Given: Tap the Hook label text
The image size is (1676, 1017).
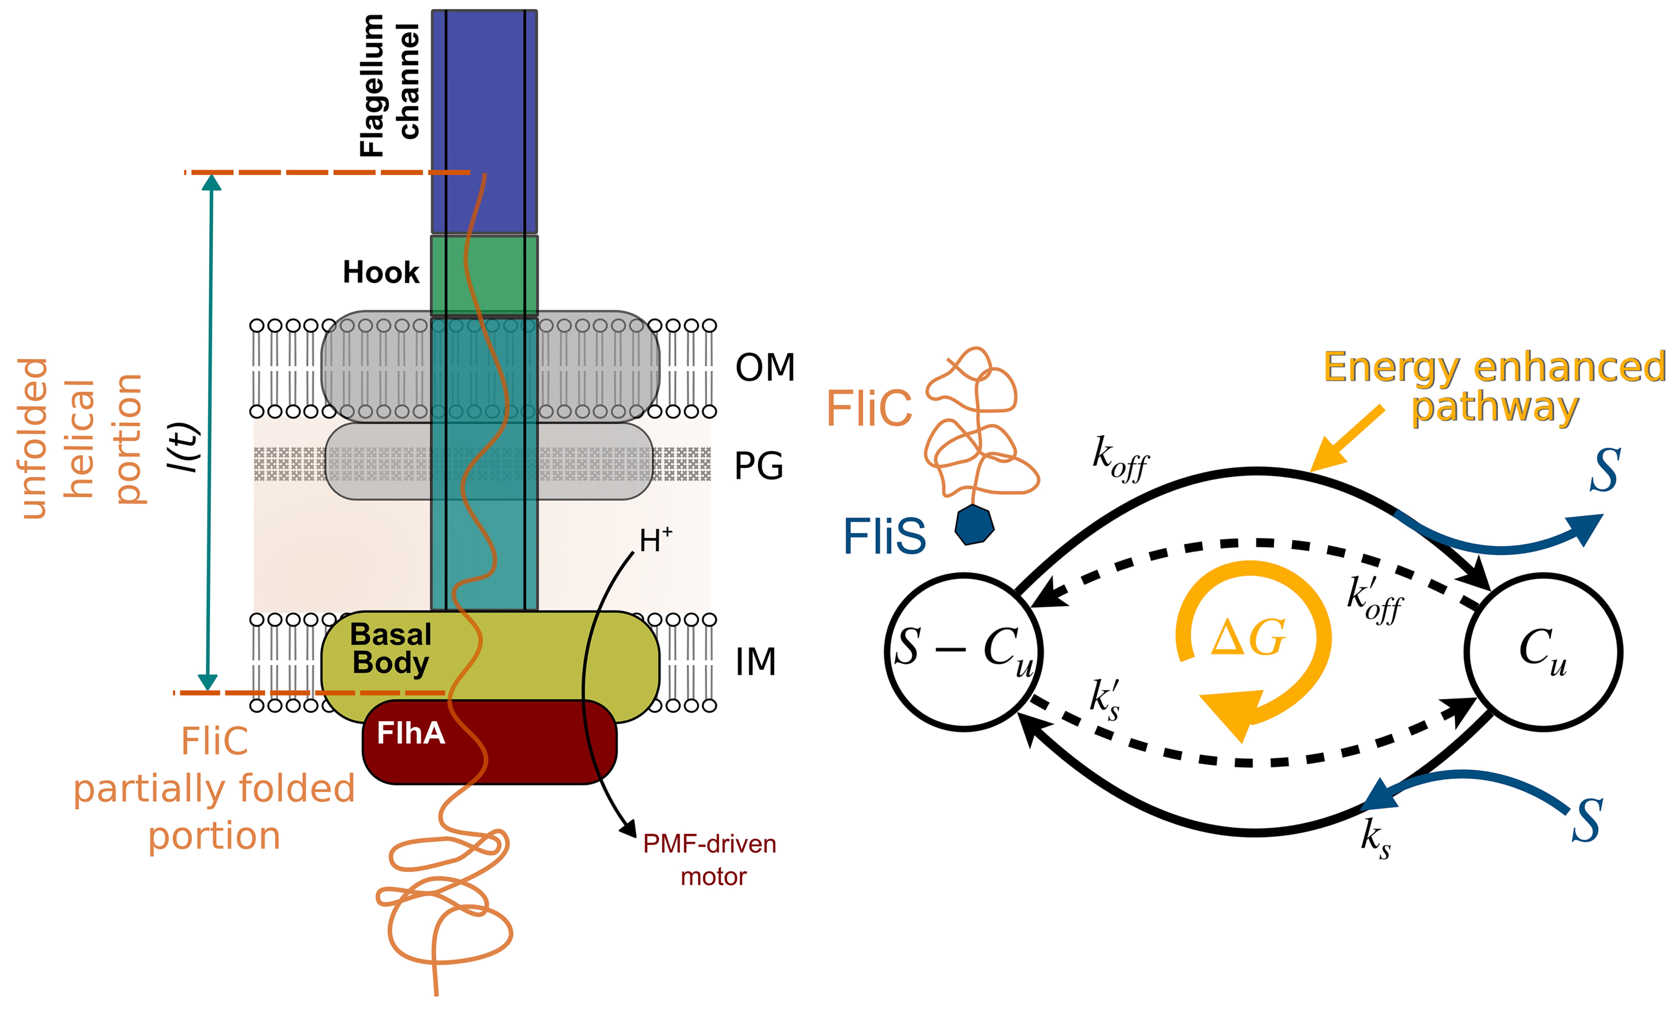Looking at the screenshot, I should click(x=381, y=273).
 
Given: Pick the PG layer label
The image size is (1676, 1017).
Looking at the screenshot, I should click(x=758, y=466).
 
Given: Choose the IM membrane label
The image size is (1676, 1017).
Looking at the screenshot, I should click(x=755, y=661).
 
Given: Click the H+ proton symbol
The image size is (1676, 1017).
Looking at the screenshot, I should click(x=654, y=540).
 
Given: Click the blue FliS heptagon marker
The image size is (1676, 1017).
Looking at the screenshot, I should click(x=974, y=525).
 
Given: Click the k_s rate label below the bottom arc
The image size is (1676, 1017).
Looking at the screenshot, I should click(x=1375, y=838).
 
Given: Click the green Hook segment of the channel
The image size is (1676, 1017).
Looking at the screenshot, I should click(x=484, y=275).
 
